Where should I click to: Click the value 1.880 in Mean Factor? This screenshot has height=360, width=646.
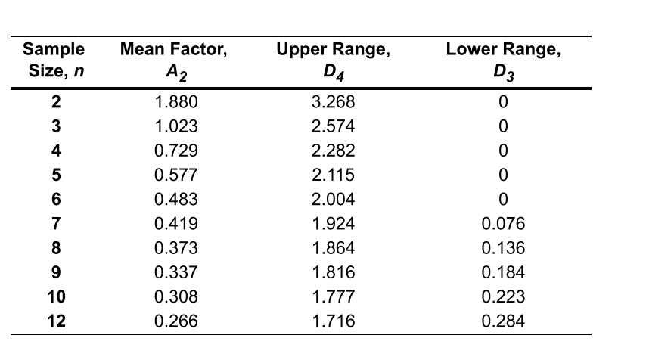point(175,101)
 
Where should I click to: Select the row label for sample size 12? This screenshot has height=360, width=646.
point(56,321)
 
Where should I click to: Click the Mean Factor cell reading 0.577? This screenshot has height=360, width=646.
point(175,175)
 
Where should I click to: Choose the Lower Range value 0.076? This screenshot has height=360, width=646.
point(504,223)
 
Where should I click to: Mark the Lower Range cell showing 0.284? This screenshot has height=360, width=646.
point(504,321)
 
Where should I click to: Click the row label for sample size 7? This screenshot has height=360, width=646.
point(56,223)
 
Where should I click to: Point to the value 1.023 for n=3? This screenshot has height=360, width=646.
point(175,126)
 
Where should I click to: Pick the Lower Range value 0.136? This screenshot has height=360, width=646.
point(504,247)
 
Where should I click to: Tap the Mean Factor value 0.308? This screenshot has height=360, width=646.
point(175,296)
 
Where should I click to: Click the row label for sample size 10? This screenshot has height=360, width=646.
point(56,296)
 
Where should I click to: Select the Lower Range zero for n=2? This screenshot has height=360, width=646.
point(504,101)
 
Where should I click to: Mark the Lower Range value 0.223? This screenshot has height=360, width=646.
point(504,296)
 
